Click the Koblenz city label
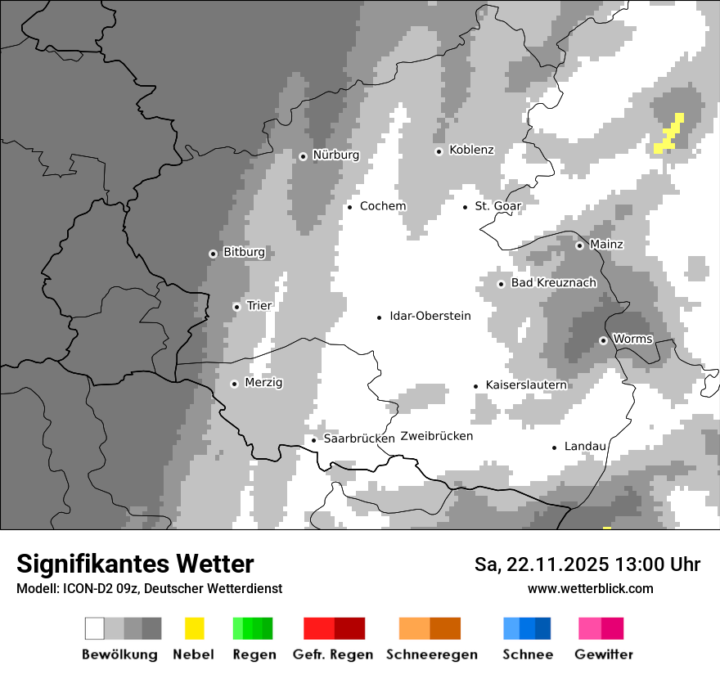click(472, 150)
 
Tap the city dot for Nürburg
click(303, 155)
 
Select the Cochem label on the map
click(383, 206)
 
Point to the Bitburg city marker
click(213, 254)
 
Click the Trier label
click(259, 306)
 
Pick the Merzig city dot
click(234, 384)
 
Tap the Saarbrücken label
click(359, 438)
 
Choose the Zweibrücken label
click(437, 436)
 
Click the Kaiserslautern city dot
click(475, 386)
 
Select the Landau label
click(585, 447)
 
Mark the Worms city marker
click(603, 340)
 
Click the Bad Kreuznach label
click(554, 283)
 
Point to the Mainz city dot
click(579, 245)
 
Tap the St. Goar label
click(498, 206)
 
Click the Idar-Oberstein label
click(430, 316)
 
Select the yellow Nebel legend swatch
click(194, 628)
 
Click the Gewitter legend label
click(604, 654)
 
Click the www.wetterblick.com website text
click(591, 588)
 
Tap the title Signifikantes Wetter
click(135, 564)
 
